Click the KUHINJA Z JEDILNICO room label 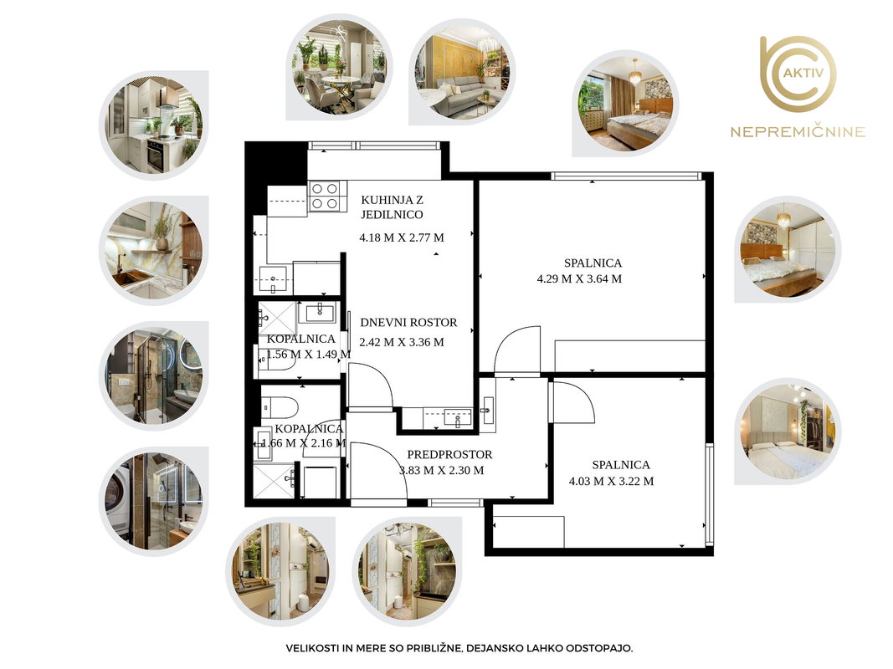[x=392, y=207]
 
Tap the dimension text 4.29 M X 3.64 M [x=579, y=278]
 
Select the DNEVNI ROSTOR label [x=408, y=323]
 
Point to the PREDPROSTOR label [x=449, y=455]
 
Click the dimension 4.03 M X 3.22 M [x=611, y=482]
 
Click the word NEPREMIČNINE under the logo [x=798, y=132]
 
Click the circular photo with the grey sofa [x=462, y=72]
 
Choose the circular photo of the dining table [x=340, y=67]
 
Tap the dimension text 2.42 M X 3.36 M [x=402, y=343]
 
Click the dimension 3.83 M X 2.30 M [x=441, y=471]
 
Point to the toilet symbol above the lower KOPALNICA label [x=280, y=407]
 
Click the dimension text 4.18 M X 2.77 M [x=402, y=237]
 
